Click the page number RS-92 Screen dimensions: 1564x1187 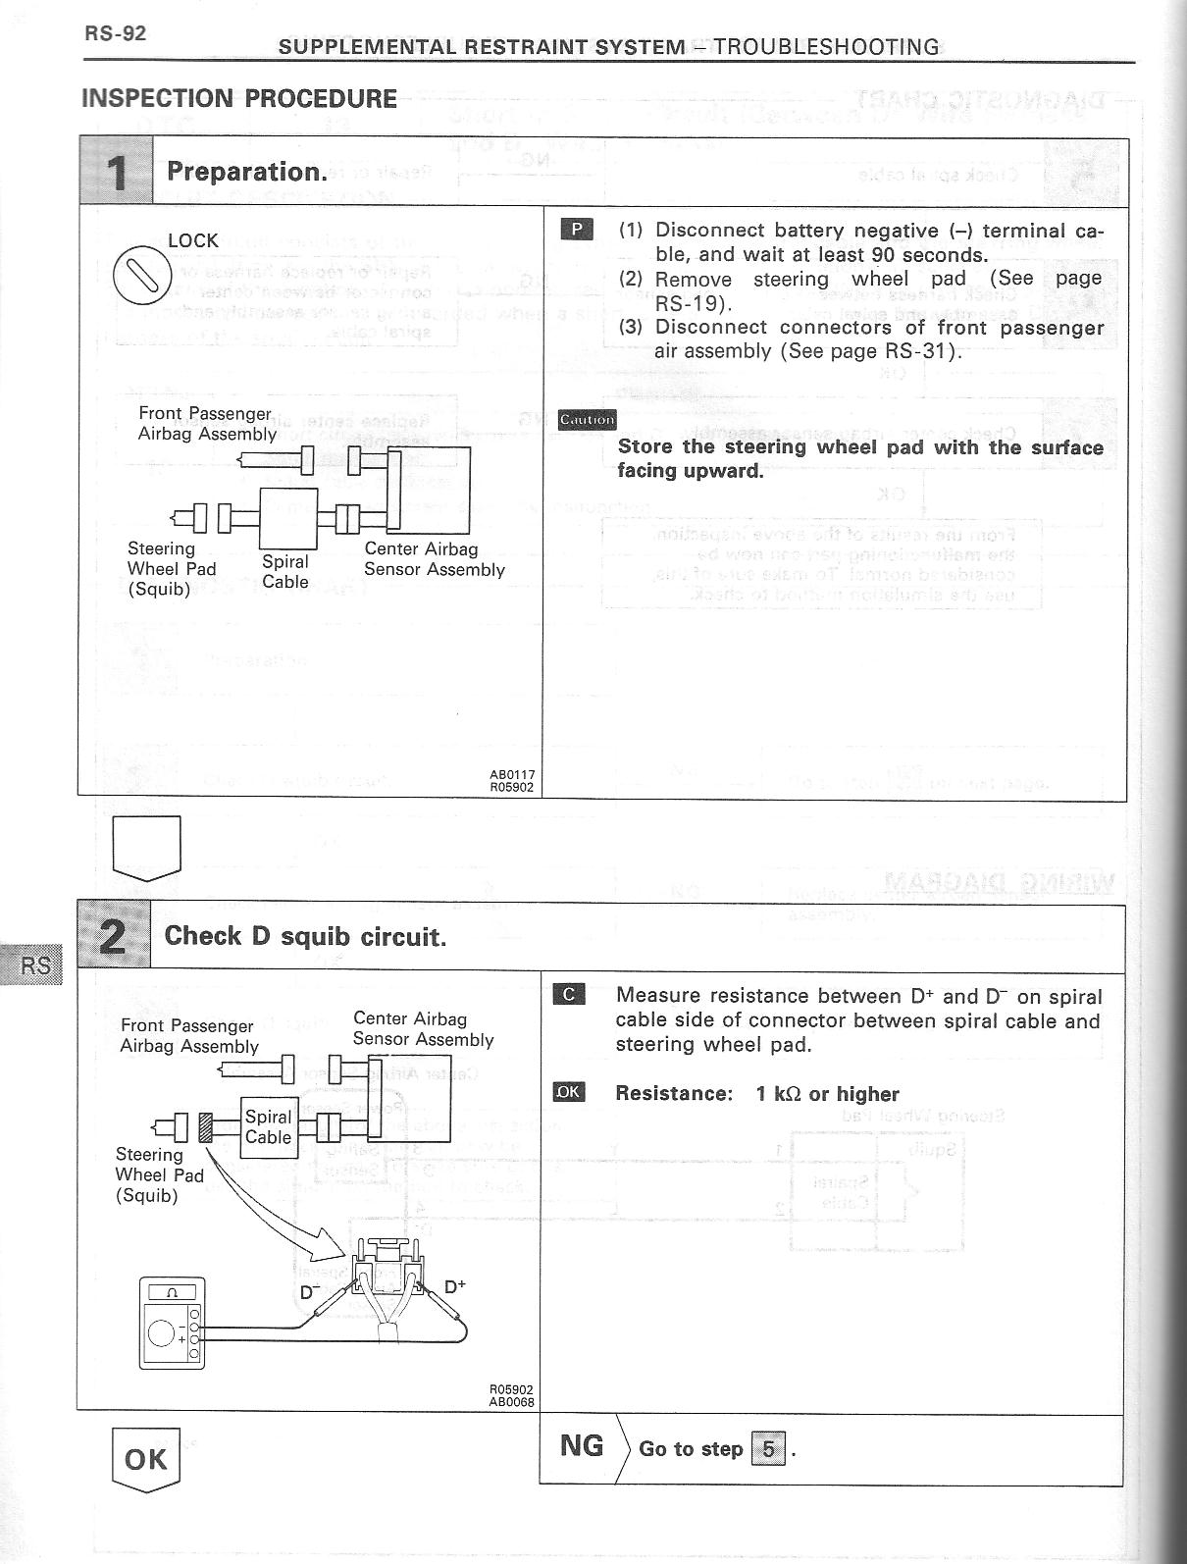115,33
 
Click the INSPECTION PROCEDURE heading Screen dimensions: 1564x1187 239,99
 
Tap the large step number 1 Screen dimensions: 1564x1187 116,174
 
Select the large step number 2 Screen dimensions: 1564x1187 114,936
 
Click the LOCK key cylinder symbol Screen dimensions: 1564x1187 143,272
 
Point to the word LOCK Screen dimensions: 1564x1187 193,240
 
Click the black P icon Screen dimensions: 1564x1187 576,230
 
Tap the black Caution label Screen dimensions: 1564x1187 587,420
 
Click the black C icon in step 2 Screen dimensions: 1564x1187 569,995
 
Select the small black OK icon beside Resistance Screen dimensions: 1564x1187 569,1092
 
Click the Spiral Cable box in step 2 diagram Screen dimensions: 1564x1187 268,1126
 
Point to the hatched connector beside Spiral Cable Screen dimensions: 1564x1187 206,1126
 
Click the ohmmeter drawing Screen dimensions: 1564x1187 173,1323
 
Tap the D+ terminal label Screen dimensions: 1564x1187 455,1286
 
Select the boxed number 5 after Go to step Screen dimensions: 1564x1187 768,1448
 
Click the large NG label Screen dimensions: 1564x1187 582,1445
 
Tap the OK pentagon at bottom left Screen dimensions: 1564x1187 146,1459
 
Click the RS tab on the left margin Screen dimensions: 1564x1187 34,964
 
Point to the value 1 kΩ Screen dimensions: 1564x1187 779,1093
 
